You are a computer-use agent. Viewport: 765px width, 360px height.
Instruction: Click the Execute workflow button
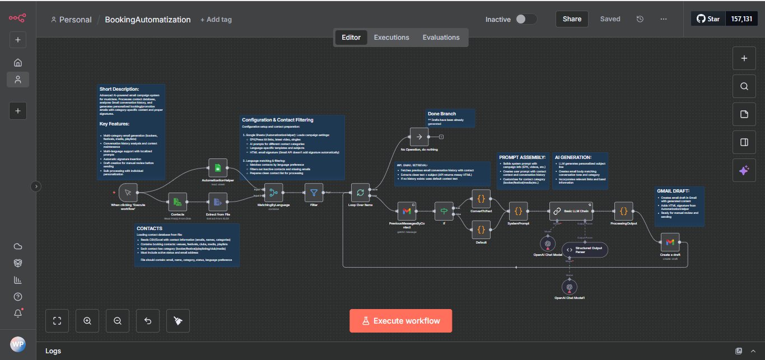(400, 321)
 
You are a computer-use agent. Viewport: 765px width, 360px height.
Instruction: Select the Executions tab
(391, 38)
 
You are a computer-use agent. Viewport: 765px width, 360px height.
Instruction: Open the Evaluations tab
(441, 38)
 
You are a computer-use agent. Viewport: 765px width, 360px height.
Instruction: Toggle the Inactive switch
(526, 19)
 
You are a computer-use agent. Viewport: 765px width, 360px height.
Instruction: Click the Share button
(572, 19)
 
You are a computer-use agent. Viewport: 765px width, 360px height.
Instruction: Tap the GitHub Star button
(708, 19)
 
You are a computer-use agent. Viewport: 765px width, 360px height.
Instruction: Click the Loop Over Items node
(360, 193)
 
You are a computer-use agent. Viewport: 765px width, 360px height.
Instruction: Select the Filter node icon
(314, 193)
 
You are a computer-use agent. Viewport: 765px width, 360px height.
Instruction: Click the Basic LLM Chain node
(571, 211)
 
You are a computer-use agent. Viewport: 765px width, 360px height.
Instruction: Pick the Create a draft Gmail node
(670, 242)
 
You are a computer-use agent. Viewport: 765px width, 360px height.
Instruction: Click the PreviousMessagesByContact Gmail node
(407, 211)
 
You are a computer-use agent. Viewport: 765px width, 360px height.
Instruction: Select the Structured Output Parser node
(584, 250)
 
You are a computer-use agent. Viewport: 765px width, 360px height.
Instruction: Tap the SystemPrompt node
(518, 211)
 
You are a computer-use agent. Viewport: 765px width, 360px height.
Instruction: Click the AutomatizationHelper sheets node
(218, 168)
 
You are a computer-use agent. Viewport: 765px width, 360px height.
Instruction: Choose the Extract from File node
(218, 202)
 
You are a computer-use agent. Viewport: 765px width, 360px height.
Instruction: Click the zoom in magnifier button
(87, 321)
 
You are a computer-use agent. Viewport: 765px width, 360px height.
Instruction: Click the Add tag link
(216, 20)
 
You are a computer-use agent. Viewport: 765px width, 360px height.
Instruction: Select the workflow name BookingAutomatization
(148, 20)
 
